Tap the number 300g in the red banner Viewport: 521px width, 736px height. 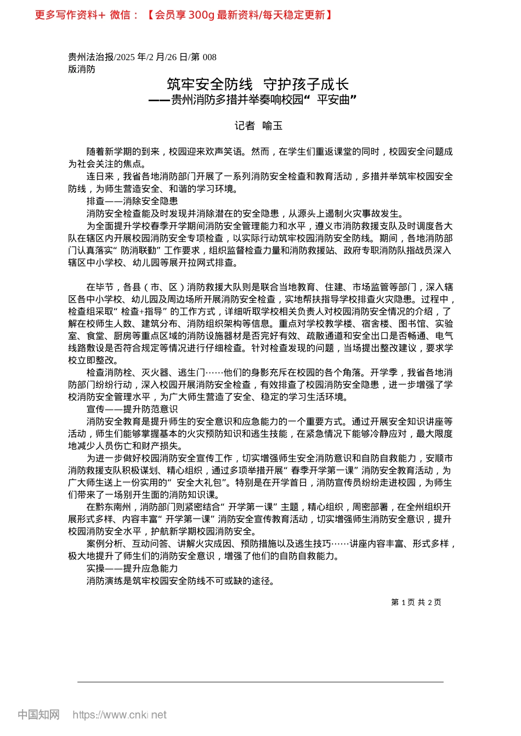[x=201, y=15]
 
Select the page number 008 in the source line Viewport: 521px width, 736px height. [x=209, y=57]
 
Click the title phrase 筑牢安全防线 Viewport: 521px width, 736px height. [x=209, y=84]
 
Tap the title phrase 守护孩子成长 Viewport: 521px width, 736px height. [x=307, y=84]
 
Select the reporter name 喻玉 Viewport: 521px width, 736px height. [x=273, y=126]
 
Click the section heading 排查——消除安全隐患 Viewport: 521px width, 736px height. [x=132, y=201]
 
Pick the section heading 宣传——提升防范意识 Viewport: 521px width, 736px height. [x=132, y=409]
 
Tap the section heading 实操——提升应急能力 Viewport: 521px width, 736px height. [x=132, y=568]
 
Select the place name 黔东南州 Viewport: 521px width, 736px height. [x=114, y=507]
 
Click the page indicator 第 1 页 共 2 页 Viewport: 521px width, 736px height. [x=416, y=602]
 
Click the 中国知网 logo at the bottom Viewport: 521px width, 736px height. [x=38, y=715]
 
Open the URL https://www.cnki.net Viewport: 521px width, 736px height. [x=120, y=715]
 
